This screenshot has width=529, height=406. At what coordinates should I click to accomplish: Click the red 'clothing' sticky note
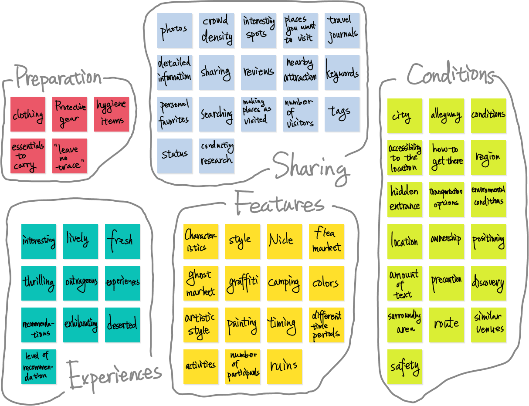pyautogui.click(x=28, y=115)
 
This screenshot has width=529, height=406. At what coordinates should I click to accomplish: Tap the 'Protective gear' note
pyautogui.click(x=70, y=115)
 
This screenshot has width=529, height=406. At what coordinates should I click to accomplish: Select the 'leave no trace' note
pyautogui.click(x=70, y=156)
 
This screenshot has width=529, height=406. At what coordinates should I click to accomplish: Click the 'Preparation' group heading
pyautogui.click(x=58, y=78)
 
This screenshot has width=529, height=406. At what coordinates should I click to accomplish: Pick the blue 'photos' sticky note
pyautogui.click(x=175, y=30)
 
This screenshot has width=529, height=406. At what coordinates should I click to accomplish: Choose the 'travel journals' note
pyautogui.click(x=342, y=30)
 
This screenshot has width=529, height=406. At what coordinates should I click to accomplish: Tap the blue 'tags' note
pyautogui.click(x=342, y=114)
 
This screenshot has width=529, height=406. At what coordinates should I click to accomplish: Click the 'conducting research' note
pyautogui.click(x=217, y=156)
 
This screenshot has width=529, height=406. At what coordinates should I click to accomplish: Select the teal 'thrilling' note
pyautogui.click(x=39, y=283)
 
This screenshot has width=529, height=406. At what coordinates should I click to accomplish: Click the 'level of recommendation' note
pyautogui.click(x=39, y=367)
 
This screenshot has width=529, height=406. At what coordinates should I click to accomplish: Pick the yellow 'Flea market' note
pyautogui.click(x=326, y=241)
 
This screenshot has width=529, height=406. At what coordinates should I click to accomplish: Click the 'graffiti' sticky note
pyautogui.click(x=243, y=283)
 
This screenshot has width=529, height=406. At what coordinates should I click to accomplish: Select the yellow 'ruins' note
pyautogui.click(x=285, y=367)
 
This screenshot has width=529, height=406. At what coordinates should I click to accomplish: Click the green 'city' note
pyautogui.click(x=405, y=116)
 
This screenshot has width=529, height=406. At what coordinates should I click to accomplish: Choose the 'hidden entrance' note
pyautogui.click(x=405, y=200)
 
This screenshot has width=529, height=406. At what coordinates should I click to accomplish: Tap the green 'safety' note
pyautogui.click(x=405, y=367)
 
